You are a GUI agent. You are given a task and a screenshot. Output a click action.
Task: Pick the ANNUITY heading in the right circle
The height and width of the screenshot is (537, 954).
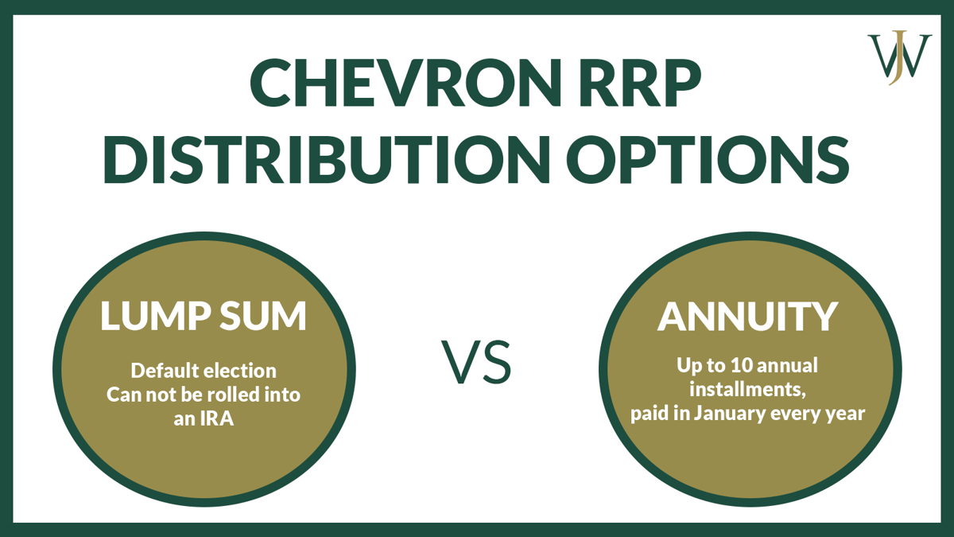click(747, 317)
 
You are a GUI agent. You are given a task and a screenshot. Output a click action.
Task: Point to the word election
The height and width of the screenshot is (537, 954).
click(240, 371)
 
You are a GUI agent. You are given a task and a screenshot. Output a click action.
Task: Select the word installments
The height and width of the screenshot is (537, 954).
click(745, 390)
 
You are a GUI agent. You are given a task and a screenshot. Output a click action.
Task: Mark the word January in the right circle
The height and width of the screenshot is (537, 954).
click(750, 414)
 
